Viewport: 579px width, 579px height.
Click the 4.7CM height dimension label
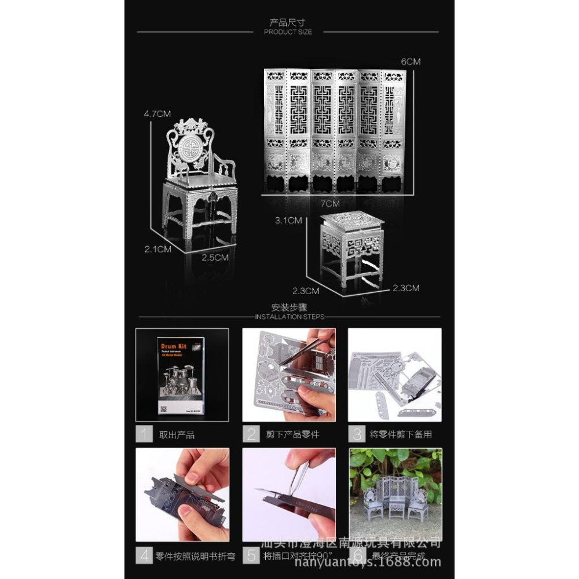(x=156, y=114)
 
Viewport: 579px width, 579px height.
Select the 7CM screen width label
(x=329, y=203)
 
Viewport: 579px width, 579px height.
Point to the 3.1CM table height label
(x=288, y=221)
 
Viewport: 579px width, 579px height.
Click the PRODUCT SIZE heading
(x=288, y=32)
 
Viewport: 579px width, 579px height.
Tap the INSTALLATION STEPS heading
(x=289, y=317)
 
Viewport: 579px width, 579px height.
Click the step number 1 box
(x=145, y=434)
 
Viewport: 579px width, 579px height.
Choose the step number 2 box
(x=251, y=434)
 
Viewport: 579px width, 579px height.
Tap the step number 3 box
(x=357, y=434)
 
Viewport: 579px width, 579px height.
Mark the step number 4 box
(x=145, y=556)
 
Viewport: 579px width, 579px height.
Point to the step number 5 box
(x=251, y=556)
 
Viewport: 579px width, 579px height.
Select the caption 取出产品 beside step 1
(x=177, y=434)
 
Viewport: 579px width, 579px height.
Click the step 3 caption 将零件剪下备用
(x=401, y=434)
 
